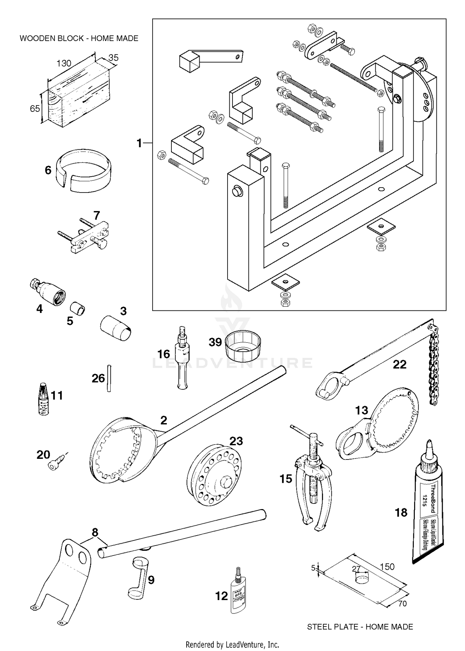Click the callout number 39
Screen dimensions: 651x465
point(215,342)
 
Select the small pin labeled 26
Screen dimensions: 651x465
point(109,378)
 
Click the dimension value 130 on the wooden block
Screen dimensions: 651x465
point(64,63)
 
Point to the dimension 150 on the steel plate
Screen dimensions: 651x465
point(387,567)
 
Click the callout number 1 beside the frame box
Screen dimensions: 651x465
point(139,143)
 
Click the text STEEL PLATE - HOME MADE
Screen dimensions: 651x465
point(360,627)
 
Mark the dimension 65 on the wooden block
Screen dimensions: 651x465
point(35,108)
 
